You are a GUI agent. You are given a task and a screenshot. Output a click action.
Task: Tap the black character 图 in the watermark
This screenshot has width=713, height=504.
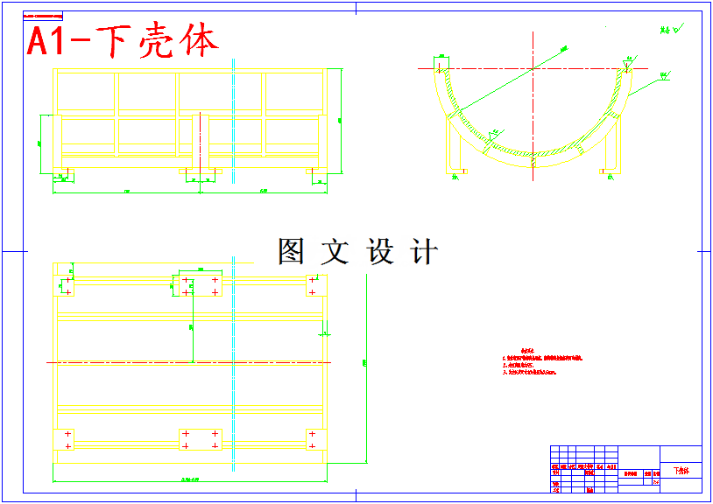pos(291,252)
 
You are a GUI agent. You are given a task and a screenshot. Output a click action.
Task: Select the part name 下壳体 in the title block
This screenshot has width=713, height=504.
pos(681,471)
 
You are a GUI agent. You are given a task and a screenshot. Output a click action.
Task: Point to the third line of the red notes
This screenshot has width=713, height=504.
pos(530,372)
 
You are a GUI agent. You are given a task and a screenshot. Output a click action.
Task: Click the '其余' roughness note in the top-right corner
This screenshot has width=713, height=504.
pos(669,30)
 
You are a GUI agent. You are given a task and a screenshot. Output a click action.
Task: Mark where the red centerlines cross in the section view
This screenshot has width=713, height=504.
pos(533,67)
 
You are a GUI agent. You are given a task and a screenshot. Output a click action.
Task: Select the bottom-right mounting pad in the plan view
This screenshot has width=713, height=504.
pos(316,439)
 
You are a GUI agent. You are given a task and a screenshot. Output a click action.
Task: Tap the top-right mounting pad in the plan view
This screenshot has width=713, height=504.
pos(316,285)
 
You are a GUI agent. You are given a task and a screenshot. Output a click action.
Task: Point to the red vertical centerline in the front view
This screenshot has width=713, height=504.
pos(201,149)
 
